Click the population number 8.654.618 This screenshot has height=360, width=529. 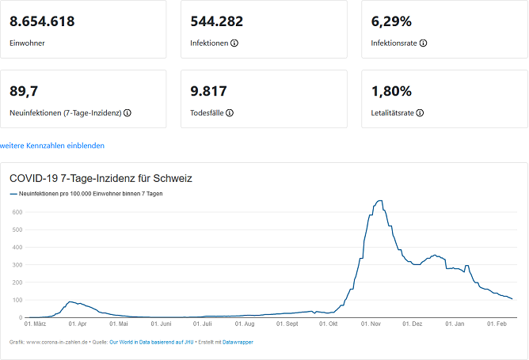tap(42, 21)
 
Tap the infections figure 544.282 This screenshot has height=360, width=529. tap(217, 21)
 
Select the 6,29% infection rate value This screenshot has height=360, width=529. tap(391, 21)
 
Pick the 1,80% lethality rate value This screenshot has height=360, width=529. tap(391, 91)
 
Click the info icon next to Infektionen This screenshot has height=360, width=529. tap(234, 43)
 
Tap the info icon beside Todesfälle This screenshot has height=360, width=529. tap(230, 112)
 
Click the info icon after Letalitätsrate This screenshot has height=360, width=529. tap(420, 112)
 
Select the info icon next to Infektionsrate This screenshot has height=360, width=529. tap(424, 43)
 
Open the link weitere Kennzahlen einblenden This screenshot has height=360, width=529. tap(52, 146)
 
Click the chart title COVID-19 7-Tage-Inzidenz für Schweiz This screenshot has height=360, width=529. tap(101, 179)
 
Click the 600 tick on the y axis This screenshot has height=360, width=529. tap(16, 212)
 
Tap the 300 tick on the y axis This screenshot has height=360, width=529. tap(16, 265)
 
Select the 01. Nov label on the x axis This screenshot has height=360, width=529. tap(371, 324)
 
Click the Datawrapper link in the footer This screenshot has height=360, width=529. tap(238, 342)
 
